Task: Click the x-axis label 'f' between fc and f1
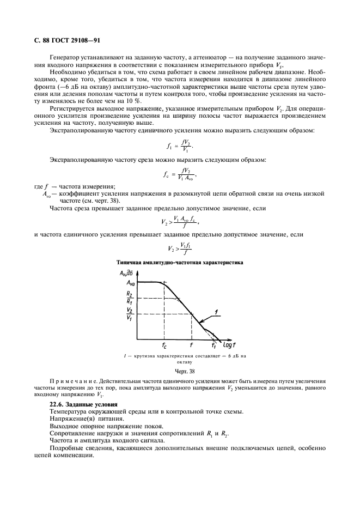pos(191,344)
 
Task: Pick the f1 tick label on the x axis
pos(214,345)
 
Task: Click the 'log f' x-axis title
pos(227,344)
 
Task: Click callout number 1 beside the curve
pos(216,311)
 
